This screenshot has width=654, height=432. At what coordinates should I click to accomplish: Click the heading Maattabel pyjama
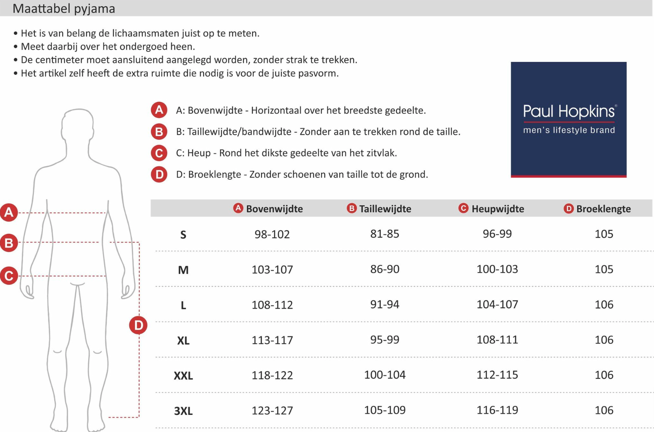click(x=64, y=8)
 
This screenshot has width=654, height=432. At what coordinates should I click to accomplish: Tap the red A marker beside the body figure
click(x=9, y=212)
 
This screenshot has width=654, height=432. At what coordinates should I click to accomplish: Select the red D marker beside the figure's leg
click(x=138, y=325)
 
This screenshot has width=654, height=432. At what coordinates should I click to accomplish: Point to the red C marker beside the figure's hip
click(x=9, y=276)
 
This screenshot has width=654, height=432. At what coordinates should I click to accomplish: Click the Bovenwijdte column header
click(x=274, y=209)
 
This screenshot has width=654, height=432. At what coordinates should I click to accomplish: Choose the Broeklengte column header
click(x=603, y=209)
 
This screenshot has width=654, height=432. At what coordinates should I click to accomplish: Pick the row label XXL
click(x=183, y=375)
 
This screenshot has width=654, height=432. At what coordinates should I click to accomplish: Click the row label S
click(x=183, y=235)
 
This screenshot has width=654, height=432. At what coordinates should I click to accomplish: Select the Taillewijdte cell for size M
click(x=385, y=269)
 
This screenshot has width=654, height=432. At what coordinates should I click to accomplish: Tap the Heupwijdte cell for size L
click(x=497, y=304)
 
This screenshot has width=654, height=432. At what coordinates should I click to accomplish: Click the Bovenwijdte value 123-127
click(x=272, y=410)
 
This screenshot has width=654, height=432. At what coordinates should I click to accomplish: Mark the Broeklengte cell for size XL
click(x=604, y=340)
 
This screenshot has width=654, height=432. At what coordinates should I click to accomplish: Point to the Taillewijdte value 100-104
click(x=385, y=375)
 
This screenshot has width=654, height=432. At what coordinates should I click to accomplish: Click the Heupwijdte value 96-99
click(x=497, y=233)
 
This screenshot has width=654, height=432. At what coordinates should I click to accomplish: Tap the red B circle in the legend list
click(x=159, y=132)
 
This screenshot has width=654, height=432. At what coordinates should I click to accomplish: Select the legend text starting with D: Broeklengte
click(x=302, y=174)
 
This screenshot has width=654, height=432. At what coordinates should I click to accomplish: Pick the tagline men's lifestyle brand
click(x=569, y=130)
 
